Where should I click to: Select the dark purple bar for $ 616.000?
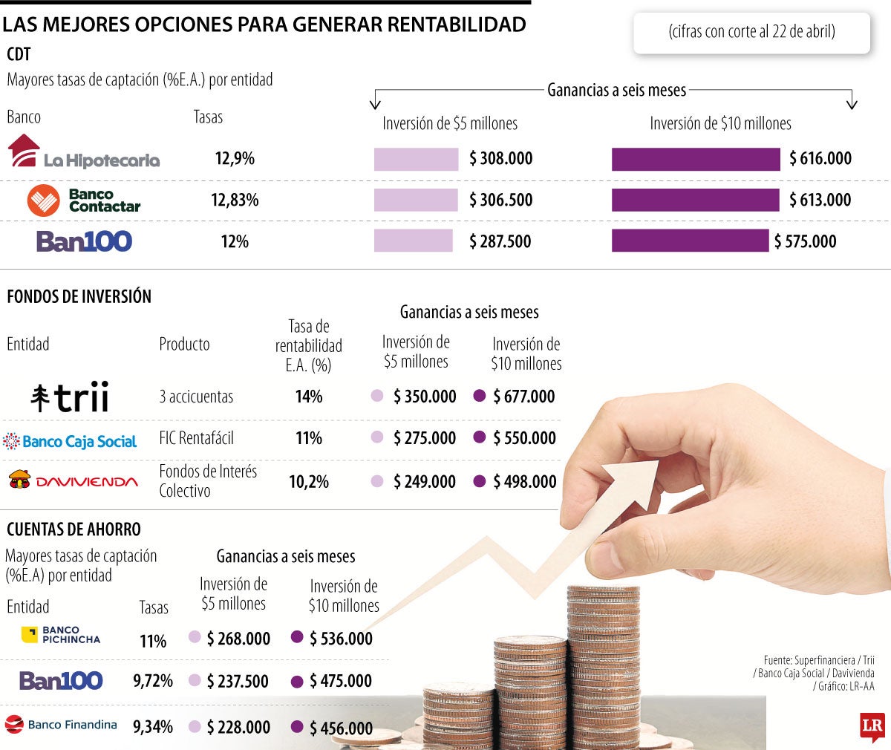(x=696, y=159)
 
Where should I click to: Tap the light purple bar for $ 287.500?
(x=413, y=241)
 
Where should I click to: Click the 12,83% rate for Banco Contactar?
(x=235, y=200)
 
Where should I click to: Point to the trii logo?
(x=70, y=397)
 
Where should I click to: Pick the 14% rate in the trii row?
(x=309, y=397)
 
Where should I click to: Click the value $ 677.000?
(x=524, y=397)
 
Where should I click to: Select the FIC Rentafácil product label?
(x=196, y=438)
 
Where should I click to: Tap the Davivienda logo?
(x=73, y=480)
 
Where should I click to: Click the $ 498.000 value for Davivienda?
(x=525, y=481)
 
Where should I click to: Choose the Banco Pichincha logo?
(x=61, y=635)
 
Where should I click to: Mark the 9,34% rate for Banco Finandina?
(x=153, y=727)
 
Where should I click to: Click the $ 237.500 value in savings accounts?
(x=238, y=681)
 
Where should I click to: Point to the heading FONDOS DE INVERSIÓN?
(x=79, y=296)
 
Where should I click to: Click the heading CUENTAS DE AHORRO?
(x=74, y=529)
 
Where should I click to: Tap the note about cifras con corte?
(x=751, y=32)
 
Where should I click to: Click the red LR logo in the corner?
(x=872, y=727)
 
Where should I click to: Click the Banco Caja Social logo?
(x=71, y=441)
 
